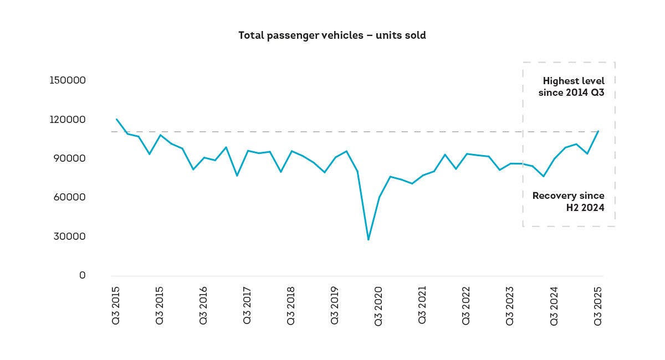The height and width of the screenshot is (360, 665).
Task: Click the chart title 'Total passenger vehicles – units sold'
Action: pyautogui.click(x=332, y=35)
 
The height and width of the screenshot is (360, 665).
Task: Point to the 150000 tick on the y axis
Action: pyautogui.click(x=68, y=80)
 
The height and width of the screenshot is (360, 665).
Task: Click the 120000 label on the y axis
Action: pyautogui.click(x=68, y=119)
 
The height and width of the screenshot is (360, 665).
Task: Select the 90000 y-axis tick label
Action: pyautogui.click(x=69, y=158)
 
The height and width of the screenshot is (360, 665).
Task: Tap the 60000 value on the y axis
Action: pyautogui.click(x=69, y=197)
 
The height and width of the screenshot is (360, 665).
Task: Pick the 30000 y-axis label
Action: pyautogui.click(x=69, y=236)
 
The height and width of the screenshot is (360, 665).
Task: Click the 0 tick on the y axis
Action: pyautogui.click(x=82, y=275)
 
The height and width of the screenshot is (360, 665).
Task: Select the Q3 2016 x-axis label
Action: pyautogui.click(x=203, y=305)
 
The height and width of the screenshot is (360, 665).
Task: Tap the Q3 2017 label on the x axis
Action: pyautogui.click(x=247, y=305)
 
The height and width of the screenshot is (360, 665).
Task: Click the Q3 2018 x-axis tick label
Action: pyautogui.click(x=290, y=305)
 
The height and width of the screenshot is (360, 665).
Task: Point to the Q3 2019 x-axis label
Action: pyautogui.click(x=335, y=305)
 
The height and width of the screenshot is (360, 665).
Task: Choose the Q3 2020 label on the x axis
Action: pyautogui.click(x=378, y=306)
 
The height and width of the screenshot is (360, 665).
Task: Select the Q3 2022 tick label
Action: pyautogui.click(x=466, y=305)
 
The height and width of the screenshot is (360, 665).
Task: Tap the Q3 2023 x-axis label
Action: pyautogui.click(x=510, y=306)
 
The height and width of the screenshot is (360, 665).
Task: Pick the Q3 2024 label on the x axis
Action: pyautogui.click(x=554, y=306)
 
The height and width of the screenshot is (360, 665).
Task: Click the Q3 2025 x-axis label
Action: pyautogui.click(x=597, y=306)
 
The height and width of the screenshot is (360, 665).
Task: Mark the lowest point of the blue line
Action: pyautogui.click(x=369, y=239)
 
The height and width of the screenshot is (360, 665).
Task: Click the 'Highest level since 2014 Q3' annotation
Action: pyautogui.click(x=571, y=86)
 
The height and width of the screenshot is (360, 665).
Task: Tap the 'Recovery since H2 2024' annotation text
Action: pyautogui.click(x=569, y=202)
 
